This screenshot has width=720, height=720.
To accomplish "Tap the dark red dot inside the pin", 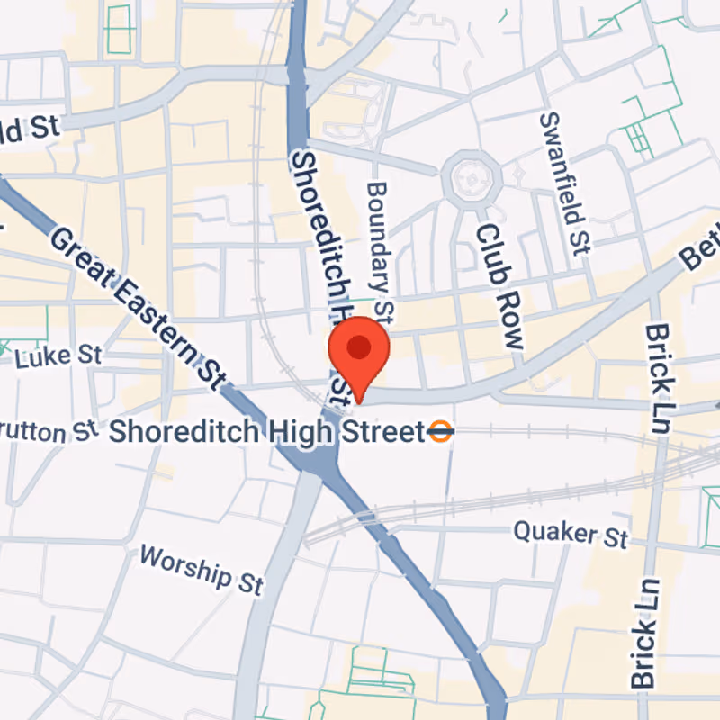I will (358, 346).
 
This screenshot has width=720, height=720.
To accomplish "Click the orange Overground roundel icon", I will (441, 432).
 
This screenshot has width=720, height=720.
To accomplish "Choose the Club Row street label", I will (499, 285).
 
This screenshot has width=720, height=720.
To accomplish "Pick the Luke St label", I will (58, 357).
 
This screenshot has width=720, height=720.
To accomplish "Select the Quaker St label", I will (571, 534).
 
